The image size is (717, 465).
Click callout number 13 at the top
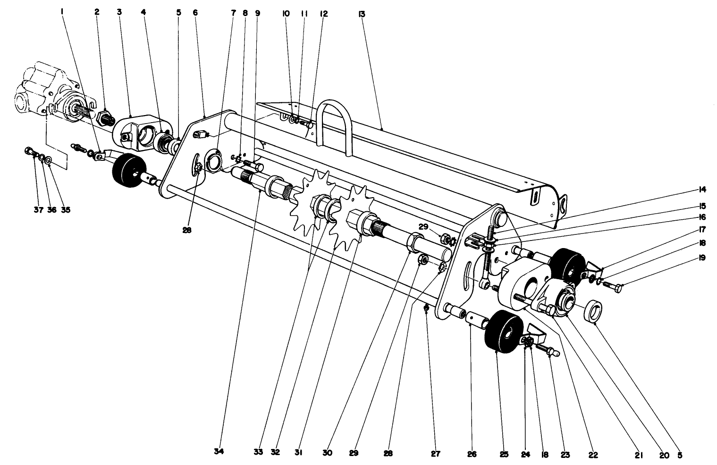(x=362, y=14)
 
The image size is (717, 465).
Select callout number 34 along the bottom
(x=219, y=451)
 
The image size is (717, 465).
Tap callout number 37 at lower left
(x=38, y=210)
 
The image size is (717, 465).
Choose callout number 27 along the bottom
(x=435, y=454)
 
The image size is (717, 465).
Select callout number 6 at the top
(x=195, y=13)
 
